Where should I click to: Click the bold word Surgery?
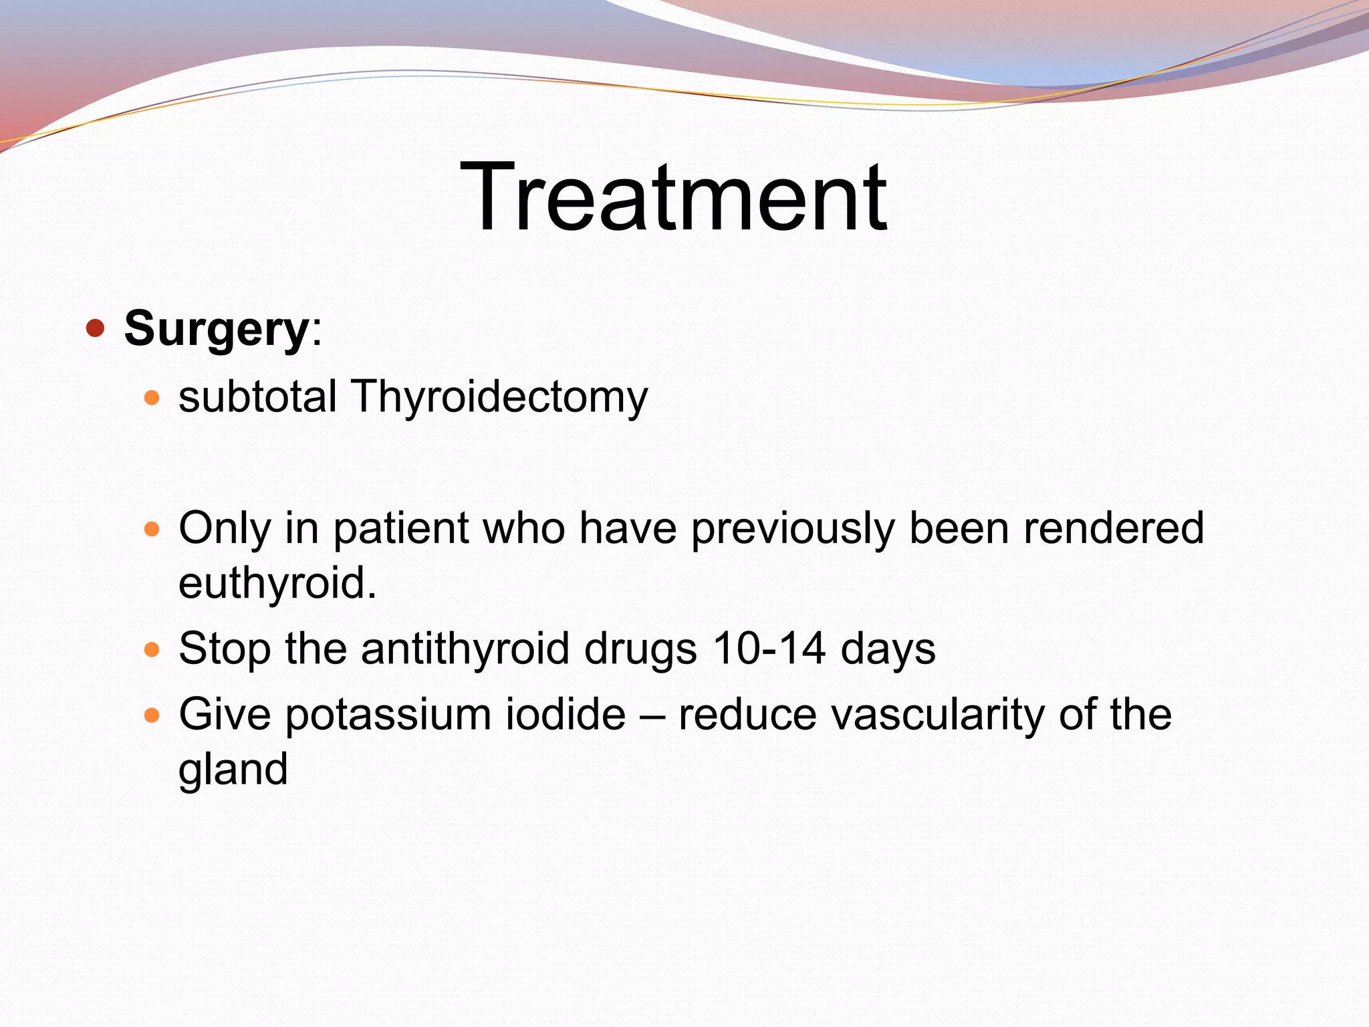pyautogui.click(x=215, y=330)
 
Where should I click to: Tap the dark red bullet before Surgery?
pyautogui.click(x=96, y=328)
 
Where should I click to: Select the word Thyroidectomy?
pyautogui.click(x=499, y=397)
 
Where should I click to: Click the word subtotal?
pyautogui.click(x=257, y=396)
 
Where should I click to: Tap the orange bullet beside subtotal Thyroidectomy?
pyautogui.click(x=152, y=398)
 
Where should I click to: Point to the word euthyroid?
pyautogui.click(x=277, y=583)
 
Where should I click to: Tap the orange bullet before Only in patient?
pyautogui.click(x=152, y=530)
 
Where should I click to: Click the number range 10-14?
pyautogui.click(x=768, y=649)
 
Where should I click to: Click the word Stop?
pyautogui.click(x=225, y=649)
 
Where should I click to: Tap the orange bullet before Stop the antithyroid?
pyautogui.click(x=152, y=649)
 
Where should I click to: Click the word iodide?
pyautogui.click(x=566, y=714)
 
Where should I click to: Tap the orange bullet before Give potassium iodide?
pyautogui.click(x=152, y=716)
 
